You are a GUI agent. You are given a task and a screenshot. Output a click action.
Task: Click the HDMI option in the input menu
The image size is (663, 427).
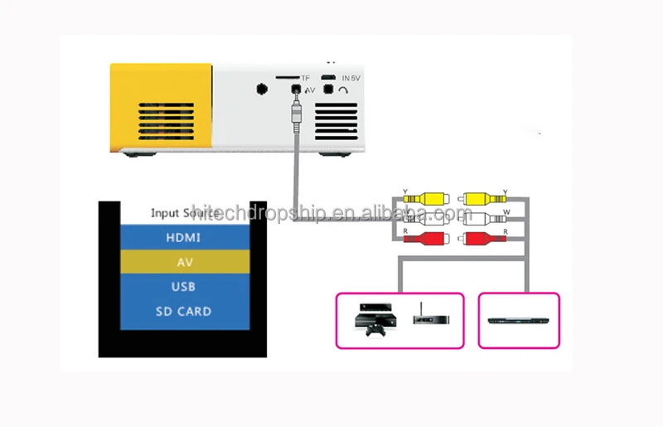tap(183, 237)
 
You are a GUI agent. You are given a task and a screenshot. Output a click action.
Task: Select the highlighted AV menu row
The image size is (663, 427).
tap(185, 262)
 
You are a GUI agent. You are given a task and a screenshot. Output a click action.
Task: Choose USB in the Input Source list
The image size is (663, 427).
tap(184, 287)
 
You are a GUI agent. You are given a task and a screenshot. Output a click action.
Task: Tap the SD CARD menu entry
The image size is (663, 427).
tap(183, 312)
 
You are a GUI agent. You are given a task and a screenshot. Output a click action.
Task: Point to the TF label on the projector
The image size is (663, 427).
tap(306, 78)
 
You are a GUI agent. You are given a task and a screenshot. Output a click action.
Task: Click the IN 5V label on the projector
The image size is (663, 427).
tap(351, 78)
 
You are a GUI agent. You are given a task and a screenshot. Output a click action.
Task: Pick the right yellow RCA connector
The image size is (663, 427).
tap(482, 199)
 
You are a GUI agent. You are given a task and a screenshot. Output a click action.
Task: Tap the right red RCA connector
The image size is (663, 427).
tap(482, 240)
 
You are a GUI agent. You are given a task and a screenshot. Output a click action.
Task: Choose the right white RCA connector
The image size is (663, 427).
tap(482, 220)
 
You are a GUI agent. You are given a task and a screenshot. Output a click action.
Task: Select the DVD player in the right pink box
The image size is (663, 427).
tap(519, 320)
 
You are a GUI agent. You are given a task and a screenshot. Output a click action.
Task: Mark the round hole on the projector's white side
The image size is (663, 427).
tap(263, 89)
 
